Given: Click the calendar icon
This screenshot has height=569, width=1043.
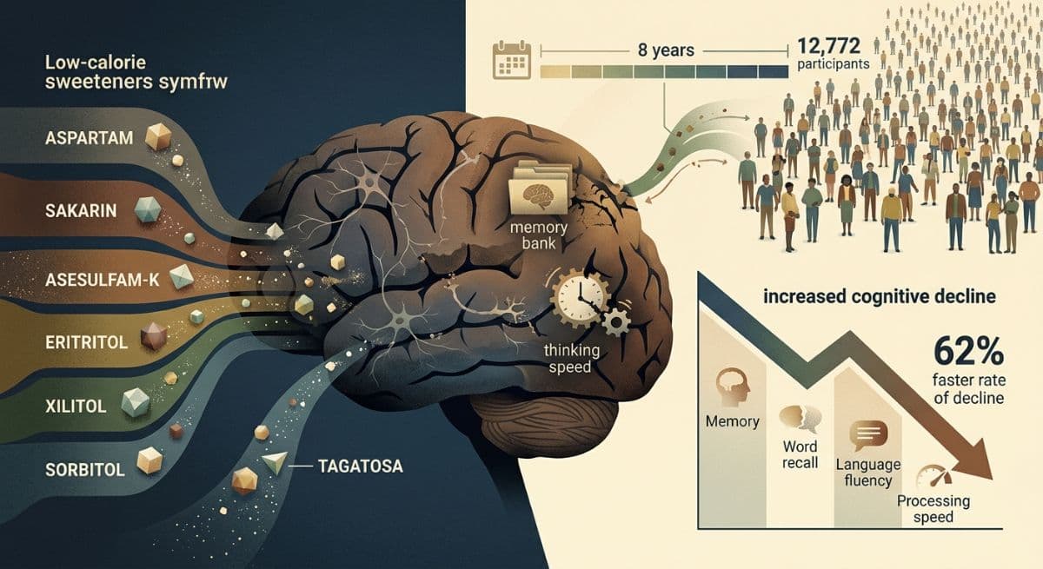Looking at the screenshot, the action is [x=512, y=60].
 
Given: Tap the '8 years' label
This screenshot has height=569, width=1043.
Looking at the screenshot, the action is [x=666, y=50].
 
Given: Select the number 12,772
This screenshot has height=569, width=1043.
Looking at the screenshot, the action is [x=829, y=46].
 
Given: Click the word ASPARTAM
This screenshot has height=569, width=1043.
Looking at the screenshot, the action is [x=89, y=138].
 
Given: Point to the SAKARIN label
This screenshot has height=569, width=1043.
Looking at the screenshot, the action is [x=81, y=211].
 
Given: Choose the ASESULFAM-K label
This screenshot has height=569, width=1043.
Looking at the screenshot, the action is [x=102, y=280].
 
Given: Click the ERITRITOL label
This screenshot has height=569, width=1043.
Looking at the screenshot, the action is [x=86, y=342].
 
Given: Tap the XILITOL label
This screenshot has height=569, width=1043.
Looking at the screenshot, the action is [x=76, y=407].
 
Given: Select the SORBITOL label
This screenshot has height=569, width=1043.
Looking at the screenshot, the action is [x=85, y=469].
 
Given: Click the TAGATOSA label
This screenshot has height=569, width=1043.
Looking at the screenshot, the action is [x=361, y=466].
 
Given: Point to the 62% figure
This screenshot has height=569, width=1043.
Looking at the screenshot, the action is [x=968, y=352].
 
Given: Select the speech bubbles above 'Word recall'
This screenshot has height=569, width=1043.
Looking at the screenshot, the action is [x=801, y=417].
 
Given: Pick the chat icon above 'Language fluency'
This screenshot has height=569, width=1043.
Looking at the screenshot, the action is [x=868, y=435].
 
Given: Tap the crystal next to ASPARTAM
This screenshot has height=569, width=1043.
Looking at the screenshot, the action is [x=158, y=136].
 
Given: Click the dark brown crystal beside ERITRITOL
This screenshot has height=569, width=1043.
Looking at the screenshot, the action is [x=154, y=336].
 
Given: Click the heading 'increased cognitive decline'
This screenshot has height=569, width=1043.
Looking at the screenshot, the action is [x=880, y=296].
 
